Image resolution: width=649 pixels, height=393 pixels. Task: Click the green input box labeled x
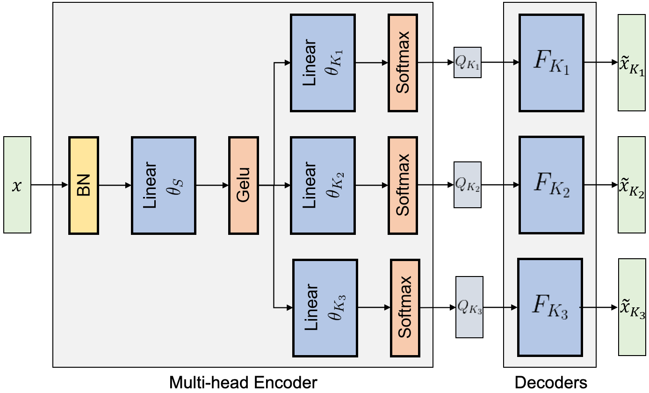[x=17, y=185]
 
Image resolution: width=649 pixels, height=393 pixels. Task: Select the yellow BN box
[x=84, y=185]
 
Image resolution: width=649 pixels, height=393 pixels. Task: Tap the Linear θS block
[x=164, y=185]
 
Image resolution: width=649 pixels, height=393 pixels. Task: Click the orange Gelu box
[x=243, y=185]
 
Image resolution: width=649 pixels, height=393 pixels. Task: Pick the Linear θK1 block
[x=323, y=63]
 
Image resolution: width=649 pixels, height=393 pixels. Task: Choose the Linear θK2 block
[x=323, y=185]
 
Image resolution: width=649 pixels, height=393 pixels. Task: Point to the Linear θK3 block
[x=325, y=307]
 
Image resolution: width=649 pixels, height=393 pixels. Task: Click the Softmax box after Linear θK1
[x=402, y=63]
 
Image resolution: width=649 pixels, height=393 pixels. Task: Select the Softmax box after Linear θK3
[x=404, y=307]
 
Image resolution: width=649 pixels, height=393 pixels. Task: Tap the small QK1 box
[x=467, y=63]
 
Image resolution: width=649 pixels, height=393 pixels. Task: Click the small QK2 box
[x=467, y=185]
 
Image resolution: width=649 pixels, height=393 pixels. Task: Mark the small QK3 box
[x=469, y=307]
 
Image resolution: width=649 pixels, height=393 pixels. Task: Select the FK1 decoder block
[x=551, y=63]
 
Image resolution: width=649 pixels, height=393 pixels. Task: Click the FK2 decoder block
[x=551, y=185]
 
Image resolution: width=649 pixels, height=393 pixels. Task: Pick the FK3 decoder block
[x=550, y=307]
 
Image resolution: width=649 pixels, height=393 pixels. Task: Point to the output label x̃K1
[x=632, y=63]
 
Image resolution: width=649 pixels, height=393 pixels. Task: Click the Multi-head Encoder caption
[x=243, y=383]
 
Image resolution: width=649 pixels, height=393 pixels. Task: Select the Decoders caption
[x=550, y=383]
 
